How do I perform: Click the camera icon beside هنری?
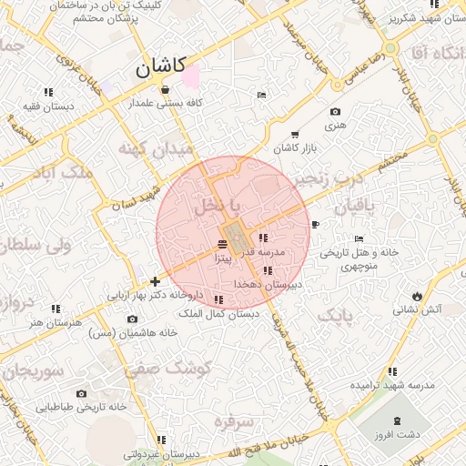click(334, 112)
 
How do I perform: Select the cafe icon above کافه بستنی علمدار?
click(165, 90)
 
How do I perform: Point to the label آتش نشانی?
click(417, 309)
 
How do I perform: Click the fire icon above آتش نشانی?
click(417, 296)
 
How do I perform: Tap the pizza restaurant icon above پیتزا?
click(223, 244)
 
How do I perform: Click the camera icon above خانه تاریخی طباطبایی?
click(81, 393)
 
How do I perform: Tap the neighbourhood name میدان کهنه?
click(157, 147)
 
